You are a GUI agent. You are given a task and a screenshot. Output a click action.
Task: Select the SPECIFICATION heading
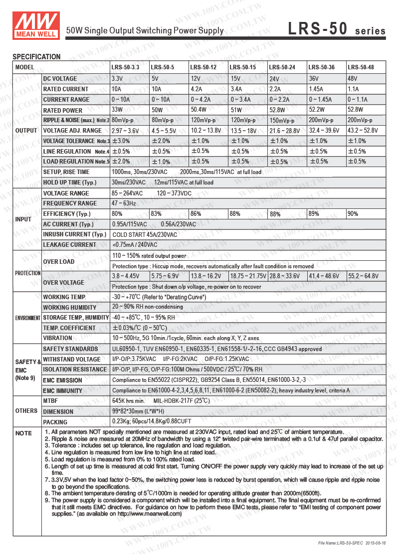click(x=36, y=57)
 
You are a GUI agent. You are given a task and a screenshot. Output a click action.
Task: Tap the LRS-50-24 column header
click(x=282, y=67)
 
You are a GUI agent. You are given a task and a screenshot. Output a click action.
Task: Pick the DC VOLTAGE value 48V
click(x=352, y=79)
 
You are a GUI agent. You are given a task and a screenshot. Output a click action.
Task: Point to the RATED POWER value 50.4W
click(x=199, y=110)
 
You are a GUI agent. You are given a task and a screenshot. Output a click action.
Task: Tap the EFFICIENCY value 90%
click(x=353, y=214)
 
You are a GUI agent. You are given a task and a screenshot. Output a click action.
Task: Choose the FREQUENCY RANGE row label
click(x=70, y=203)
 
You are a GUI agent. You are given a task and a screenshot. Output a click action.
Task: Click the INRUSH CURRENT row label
click(x=74, y=234)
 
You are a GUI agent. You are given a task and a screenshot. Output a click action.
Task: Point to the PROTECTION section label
click(x=27, y=273)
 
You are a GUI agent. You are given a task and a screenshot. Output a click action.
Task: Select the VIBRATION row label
click(x=58, y=338)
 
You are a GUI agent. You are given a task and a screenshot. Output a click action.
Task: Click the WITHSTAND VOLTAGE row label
click(x=71, y=359)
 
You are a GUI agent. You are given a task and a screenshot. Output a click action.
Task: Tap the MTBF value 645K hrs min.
click(x=128, y=401)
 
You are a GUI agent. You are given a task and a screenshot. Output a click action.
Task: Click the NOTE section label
click(x=23, y=433)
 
